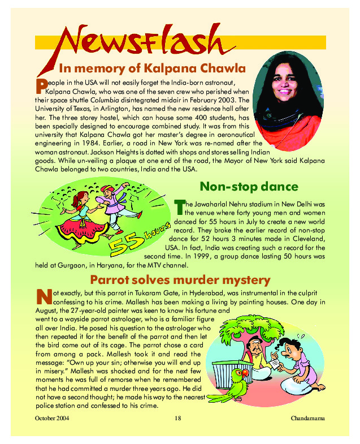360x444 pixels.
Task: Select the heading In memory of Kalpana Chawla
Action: [152, 69]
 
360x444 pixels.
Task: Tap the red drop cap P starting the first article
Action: [40, 85]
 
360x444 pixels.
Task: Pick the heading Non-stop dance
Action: [249, 187]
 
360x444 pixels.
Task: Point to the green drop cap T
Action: [178, 204]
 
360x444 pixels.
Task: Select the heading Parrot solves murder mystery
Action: [180, 280]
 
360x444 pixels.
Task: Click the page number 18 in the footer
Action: [178, 419]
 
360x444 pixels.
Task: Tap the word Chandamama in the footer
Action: [309, 419]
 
